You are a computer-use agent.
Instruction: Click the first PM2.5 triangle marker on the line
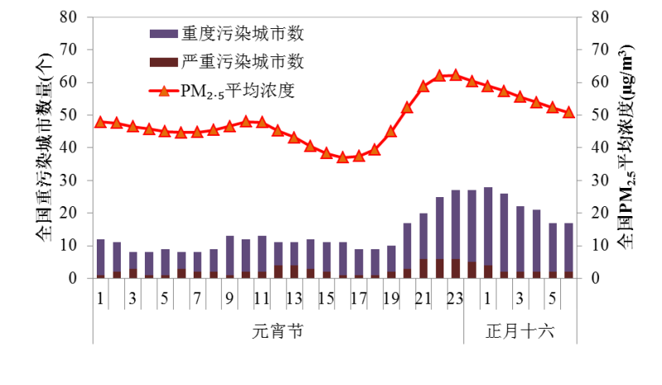[101, 122]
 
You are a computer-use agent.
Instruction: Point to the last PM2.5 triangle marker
[568, 112]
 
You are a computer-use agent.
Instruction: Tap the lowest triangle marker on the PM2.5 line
[343, 156]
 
